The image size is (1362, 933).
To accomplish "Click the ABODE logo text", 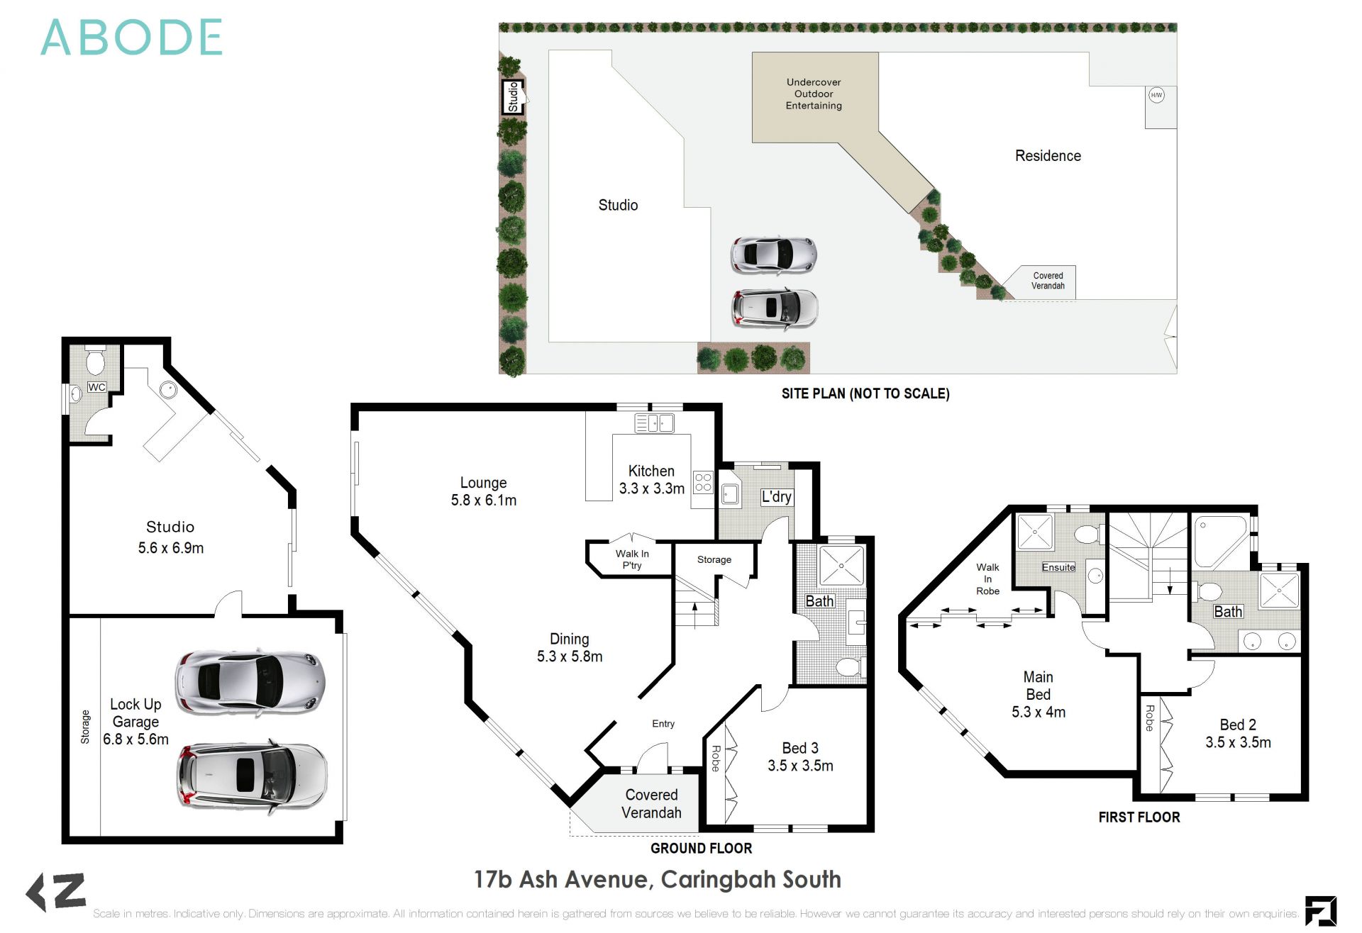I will tap(132, 38).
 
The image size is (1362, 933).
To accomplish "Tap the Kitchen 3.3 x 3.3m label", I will tap(651, 480).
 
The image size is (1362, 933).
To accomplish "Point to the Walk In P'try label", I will tap(631, 559).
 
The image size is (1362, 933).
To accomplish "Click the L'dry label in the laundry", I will tap(776, 496).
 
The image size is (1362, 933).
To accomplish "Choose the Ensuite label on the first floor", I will tap(1058, 567).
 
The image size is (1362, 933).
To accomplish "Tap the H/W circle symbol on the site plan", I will tap(1156, 95).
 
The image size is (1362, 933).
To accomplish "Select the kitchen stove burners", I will tap(703, 482).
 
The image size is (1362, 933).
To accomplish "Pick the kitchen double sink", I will tap(653, 423).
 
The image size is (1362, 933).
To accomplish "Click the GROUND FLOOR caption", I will tap(701, 848).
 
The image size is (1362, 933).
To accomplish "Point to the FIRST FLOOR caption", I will tap(1139, 817).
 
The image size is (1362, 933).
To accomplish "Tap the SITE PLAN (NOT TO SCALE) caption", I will tap(865, 393).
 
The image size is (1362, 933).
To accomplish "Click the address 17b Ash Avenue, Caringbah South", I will tap(658, 879).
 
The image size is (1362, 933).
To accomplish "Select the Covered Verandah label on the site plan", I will tap(1048, 281).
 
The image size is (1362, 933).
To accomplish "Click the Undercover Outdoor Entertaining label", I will tap(814, 94).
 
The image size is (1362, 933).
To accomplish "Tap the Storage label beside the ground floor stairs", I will tap(714, 559).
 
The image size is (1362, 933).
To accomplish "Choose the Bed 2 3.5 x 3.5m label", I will tap(1238, 733).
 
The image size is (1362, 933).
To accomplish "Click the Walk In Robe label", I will tap(987, 579).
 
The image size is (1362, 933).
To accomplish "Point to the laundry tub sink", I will tap(730, 493).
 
